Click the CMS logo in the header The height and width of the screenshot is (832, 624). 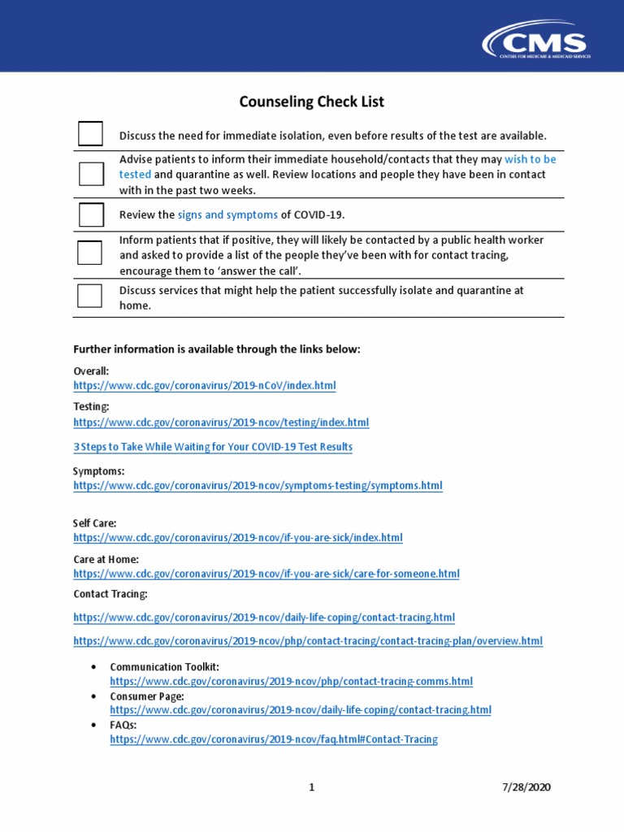[x=535, y=40]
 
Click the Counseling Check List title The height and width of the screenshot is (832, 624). [x=311, y=102]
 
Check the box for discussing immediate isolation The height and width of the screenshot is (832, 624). [x=90, y=134]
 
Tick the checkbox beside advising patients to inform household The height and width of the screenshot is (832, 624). [x=90, y=174]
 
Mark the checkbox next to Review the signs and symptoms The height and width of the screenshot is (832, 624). [x=90, y=214]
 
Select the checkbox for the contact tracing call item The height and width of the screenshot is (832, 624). [x=90, y=253]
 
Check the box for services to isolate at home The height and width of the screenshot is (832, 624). [x=90, y=296]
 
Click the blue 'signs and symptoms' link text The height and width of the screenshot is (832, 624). [x=227, y=214]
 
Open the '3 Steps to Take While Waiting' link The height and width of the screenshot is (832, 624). [x=213, y=447]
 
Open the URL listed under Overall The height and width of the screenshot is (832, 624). [x=204, y=385]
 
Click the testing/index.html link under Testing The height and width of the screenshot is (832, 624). [x=221, y=422]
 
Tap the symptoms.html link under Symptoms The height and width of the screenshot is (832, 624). [x=258, y=486]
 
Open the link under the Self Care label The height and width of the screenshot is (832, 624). [x=237, y=538]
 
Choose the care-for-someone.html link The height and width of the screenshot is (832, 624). [x=266, y=574]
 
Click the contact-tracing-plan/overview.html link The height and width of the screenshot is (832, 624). [x=307, y=641]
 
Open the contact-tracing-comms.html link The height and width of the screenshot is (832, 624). [x=291, y=682]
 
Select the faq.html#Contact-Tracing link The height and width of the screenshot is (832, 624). [x=273, y=739]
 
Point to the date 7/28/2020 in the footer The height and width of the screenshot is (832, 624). [x=527, y=787]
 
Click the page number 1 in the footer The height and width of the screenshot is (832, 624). [x=311, y=787]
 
